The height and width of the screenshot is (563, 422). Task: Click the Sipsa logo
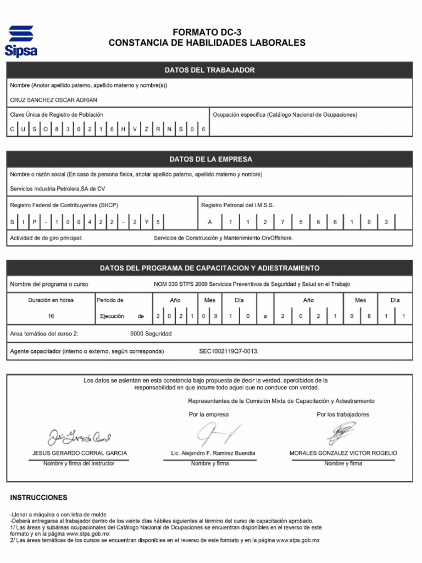[x=21, y=41]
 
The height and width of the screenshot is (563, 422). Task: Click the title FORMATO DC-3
[x=207, y=33]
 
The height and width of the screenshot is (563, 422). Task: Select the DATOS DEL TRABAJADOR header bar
[x=209, y=70]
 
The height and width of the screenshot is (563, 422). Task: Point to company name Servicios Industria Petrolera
[x=58, y=189]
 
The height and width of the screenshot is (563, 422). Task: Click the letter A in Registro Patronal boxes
[x=210, y=222]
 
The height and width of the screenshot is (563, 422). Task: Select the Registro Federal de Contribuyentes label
[x=64, y=205]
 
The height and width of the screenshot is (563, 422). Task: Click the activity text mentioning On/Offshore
[x=223, y=238]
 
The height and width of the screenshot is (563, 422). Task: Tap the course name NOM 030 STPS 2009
[x=252, y=284]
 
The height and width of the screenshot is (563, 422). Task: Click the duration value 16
[x=51, y=317]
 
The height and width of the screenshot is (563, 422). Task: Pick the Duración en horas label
[x=51, y=300]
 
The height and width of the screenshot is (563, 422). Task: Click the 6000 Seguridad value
[x=151, y=334]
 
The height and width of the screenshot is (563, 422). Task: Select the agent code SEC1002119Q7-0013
[x=229, y=351]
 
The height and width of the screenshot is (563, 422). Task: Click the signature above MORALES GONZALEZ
[x=342, y=433]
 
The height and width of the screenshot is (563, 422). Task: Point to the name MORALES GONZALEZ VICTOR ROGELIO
[x=343, y=454]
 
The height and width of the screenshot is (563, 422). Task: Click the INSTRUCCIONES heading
[x=39, y=498]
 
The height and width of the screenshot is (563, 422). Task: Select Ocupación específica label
[x=285, y=115]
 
